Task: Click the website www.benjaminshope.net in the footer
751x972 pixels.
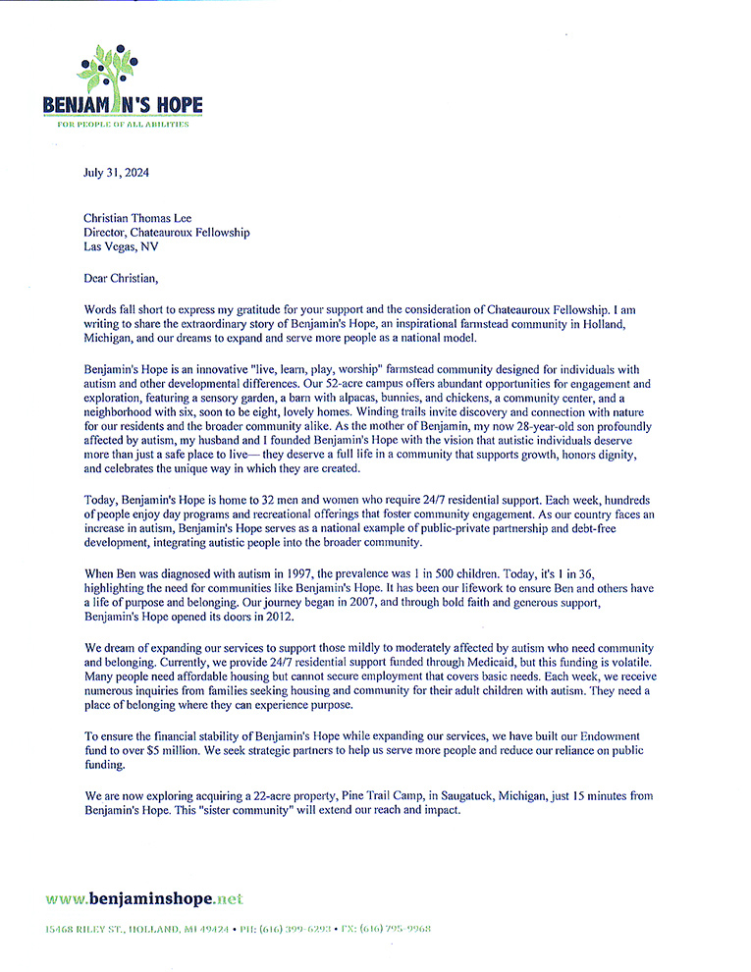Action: [144, 898]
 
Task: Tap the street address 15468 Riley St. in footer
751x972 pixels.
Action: [88, 928]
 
